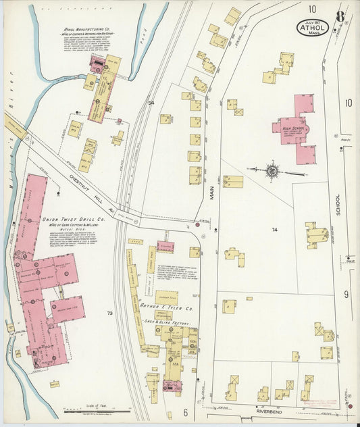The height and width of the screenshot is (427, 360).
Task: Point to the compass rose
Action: [272, 170]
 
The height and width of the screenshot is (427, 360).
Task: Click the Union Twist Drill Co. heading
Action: [73, 220]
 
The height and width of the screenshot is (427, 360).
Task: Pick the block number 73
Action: [110, 313]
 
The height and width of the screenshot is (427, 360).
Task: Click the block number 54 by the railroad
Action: [151, 103]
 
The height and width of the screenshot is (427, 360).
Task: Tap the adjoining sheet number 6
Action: [184, 411]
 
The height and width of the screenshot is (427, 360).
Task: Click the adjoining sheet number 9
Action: [345, 295]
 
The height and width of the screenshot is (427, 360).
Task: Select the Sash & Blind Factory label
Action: [168, 324]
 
